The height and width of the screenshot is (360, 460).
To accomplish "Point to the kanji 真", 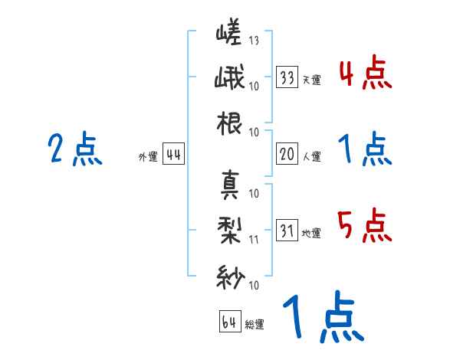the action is (x=230, y=184).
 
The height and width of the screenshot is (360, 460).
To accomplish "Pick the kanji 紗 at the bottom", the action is (x=230, y=275).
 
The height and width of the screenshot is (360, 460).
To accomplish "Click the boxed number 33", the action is (x=288, y=77).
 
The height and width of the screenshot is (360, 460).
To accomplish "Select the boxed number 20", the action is (x=288, y=155).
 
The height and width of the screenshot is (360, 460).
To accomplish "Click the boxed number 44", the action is (x=173, y=155).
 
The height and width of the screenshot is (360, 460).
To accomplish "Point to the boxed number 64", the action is (x=230, y=322).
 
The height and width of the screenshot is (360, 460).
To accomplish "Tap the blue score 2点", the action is (x=74, y=149).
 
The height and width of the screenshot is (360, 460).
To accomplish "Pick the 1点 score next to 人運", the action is (x=365, y=149).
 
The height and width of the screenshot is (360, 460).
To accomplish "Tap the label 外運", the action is (x=147, y=157).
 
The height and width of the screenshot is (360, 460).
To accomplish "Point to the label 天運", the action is (x=311, y=80).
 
